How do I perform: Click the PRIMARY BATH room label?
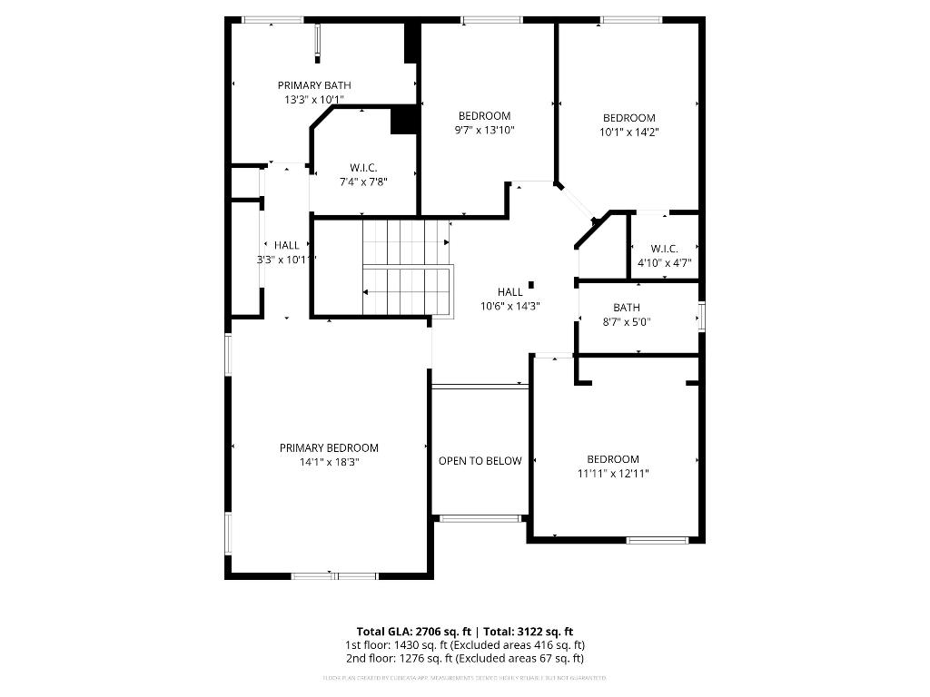tap(313, 85)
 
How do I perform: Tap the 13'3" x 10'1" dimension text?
tap(313, 100)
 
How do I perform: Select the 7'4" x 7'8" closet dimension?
tap(363, 182)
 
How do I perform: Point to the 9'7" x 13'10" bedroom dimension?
tap(484, 130)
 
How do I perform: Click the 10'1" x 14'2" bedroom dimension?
tap(629, 132)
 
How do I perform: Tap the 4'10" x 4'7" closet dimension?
tap(665, 263)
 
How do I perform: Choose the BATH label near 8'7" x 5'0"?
tap(627, 308)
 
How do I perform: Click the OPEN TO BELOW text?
tap(480, 461)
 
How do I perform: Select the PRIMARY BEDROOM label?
tap(329, 447)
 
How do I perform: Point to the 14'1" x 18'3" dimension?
tap(329, 462)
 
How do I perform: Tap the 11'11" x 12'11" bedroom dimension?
tap(613, 473)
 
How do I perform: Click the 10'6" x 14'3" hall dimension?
tap(510, 306)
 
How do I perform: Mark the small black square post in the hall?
tap(531, 283)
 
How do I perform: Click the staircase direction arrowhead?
tap(365, 292)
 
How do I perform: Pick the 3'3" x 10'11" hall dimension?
tap(287, 260)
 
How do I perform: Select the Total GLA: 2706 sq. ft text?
tap(412, 632)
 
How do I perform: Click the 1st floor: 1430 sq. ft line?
tap(464, 644)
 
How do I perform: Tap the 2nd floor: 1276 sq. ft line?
tap(464, 658)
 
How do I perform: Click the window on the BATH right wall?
tap(700, 316)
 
